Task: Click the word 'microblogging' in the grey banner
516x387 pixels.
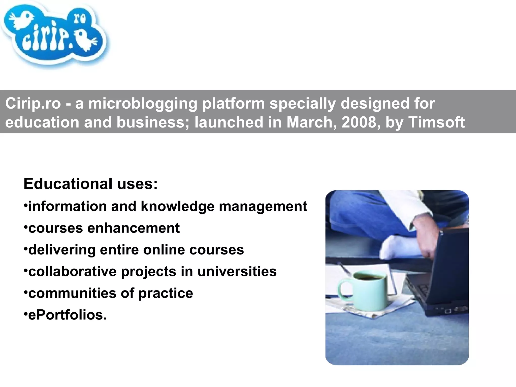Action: (x=143, y=103)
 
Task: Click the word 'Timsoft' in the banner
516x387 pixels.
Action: (x=436, y=122)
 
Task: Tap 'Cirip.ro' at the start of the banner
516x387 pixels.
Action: (x=33, y=103)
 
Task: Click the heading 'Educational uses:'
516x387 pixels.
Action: (x=90, y=184)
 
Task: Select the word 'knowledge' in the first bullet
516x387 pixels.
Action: (x=178, y=206)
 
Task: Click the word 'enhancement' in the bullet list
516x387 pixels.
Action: (x=133, y=228)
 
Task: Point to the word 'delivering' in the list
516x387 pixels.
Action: (x=62, y=250)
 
